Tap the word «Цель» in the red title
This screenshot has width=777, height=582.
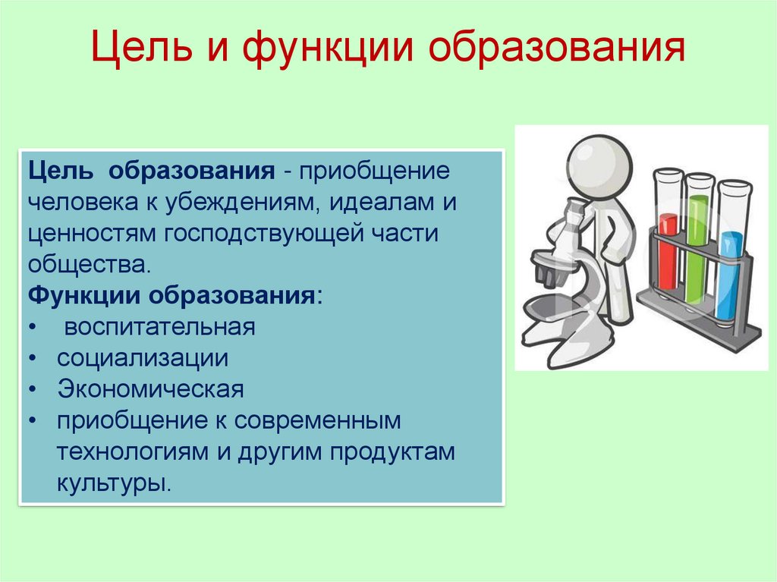click(x=143, y=51)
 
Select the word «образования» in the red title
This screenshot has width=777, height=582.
click(x=556, y=51)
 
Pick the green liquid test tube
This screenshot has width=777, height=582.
click(x=697, y=243)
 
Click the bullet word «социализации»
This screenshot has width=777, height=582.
click(x=142, y=358)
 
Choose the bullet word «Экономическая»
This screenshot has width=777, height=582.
click(x=150, y=389)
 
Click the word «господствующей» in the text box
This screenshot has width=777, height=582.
click(x=265, y=233)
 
